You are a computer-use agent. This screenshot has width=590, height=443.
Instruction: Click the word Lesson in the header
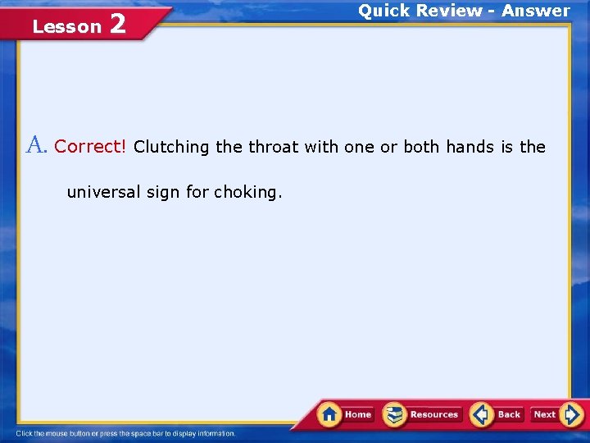[x=66, y=27]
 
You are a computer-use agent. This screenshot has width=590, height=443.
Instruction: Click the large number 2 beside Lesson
[x=116, y=25]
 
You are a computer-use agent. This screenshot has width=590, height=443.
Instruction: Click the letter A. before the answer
[x=38, y=146]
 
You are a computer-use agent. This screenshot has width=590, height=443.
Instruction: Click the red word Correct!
[x=90, y=147]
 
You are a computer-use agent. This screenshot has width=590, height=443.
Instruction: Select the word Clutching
[x=171, y=148]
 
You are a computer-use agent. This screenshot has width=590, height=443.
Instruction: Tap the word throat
[x=274, y=147]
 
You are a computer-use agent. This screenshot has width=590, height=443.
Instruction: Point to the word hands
[x=470, y=147]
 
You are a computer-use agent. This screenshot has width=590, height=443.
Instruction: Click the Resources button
[x=424, y=414]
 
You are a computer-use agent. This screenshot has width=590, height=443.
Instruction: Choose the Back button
[x=498, y=414]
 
